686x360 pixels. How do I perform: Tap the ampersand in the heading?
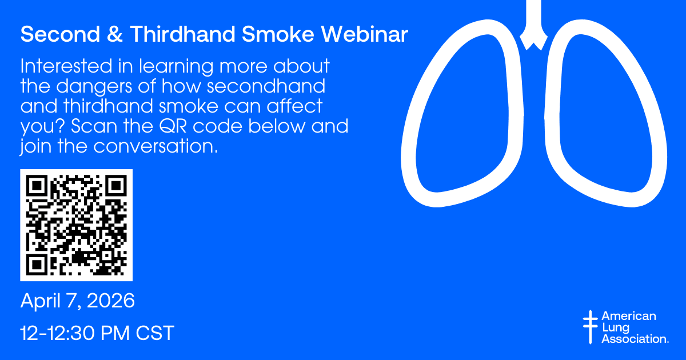tap(115, 34)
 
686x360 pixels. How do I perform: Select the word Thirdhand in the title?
tap(182, 34)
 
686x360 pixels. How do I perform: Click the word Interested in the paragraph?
tap(66, 66)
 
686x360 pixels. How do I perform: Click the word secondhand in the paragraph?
tap(266, 86)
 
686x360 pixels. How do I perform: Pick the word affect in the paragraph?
tap(294, 106)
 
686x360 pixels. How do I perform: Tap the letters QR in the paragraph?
tap(173, 126)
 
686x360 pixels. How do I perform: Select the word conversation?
tap(155, 146)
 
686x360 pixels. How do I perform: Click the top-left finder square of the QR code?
tap(37, 186)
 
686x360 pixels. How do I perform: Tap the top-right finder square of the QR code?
tap(116, 186)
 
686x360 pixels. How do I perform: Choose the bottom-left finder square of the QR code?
tap(37, 265)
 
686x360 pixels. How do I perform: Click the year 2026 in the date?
tap(111, 301)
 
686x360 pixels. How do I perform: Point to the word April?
tap(41, 301)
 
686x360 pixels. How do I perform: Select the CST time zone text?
tap(155, 333)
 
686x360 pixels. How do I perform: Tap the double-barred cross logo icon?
tap(590, 327)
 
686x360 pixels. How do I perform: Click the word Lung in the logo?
tap(616, 328)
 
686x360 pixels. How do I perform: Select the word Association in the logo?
tap(635, 339)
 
